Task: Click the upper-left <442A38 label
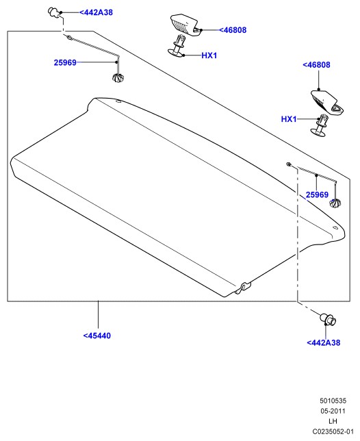[x=96, y=12]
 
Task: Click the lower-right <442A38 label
[x=324, y=342]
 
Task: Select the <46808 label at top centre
[x=233, y=30]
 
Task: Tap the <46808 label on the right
[x=316, y=65]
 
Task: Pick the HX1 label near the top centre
[x=209, y=55]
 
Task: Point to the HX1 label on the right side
[x=289, y=119]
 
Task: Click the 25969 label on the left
[x=65, y=62]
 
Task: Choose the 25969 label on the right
[x=317, y=194]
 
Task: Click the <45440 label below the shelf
[x=97, y=336]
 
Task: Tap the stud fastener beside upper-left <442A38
[x=54, y=13]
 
